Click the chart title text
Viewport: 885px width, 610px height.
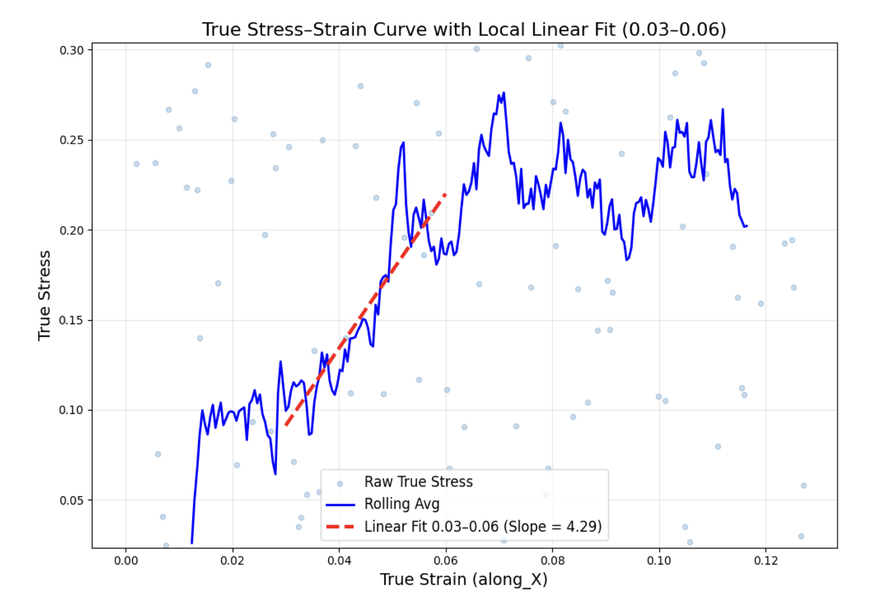click(464, 29)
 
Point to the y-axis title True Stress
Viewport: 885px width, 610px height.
click(44, 295)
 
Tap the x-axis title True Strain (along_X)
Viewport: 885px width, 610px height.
click(463, 579)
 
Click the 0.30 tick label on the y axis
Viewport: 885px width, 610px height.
click(72, 50)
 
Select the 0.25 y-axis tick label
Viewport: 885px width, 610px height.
click(72, 140)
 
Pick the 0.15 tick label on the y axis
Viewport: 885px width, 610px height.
click(72, 320)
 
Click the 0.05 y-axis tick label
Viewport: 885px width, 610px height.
click(72, 500)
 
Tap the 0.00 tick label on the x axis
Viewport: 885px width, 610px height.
click(126, 561)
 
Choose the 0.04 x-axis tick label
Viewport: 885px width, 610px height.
click(339, 561)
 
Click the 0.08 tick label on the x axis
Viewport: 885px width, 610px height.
click(553, 561)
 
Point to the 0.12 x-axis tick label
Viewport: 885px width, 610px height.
click(766, 561)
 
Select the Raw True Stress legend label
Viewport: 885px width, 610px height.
click(418, 482)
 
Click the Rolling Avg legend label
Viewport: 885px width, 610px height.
click(402, 504)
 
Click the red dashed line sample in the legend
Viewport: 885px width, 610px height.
click(340, 526)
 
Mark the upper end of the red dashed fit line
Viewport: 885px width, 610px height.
click(445, 194)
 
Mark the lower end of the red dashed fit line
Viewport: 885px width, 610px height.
click(286, 425)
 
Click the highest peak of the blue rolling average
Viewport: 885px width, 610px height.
click(504, 93)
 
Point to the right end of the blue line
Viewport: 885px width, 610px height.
click(747, 226)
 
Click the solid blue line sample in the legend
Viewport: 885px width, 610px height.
click(340, 504)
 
